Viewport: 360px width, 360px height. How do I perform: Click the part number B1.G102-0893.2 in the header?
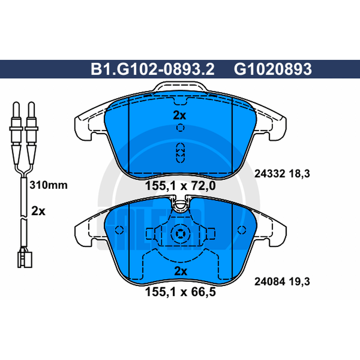(x=153, y=69)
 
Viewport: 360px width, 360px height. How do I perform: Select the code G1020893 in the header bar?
(x=273, y=69)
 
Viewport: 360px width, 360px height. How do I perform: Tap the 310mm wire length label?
(x=49, y=185)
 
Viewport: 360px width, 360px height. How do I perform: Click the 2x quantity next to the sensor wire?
(x=38, y=211)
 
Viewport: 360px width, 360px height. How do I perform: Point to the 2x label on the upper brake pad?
(x=180, y=116)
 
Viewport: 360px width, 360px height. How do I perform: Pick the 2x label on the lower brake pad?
(x=181, y=271)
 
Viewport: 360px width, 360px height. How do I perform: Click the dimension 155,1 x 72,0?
(x=180, y=186)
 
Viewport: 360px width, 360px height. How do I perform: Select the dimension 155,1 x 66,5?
(x=180, y=292)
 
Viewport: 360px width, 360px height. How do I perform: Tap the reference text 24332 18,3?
(x=282, y=174)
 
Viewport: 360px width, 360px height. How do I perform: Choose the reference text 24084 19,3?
(x=282, y=282)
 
